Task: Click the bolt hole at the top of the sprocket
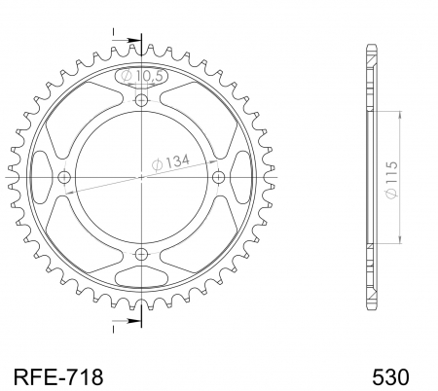(x=142, y=100)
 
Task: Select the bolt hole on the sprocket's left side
(x=65, y=177)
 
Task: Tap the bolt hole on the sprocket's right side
(x=218, y=177)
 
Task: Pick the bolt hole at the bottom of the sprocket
(x=142, y=254)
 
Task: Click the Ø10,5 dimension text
(x=141, y=75)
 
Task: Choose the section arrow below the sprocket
(x=128, y=313)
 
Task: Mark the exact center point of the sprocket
(x=142, y=177)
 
